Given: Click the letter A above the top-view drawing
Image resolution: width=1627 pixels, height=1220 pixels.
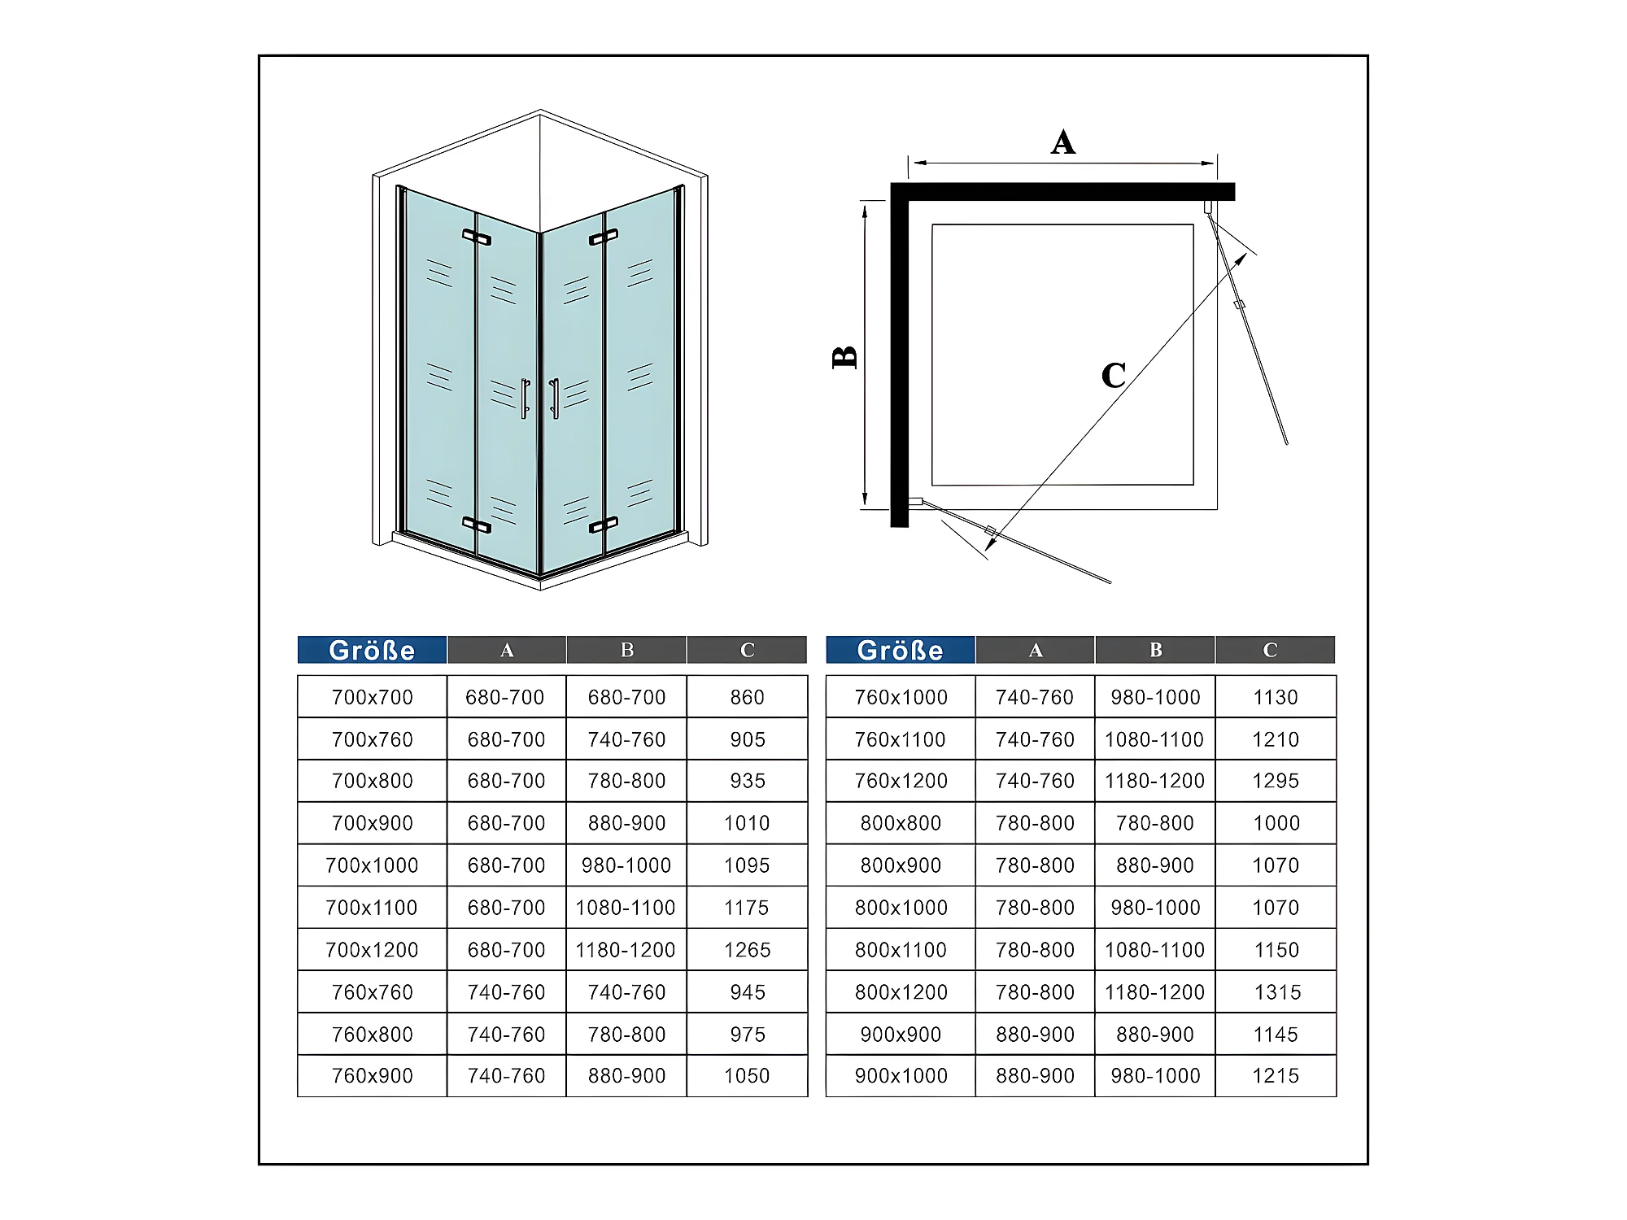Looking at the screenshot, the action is pos(1063,142).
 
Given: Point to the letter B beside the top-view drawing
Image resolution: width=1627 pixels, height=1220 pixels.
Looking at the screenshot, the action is pos(845,357).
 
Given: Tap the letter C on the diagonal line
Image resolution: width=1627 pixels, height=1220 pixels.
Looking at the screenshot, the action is pos(1114,375).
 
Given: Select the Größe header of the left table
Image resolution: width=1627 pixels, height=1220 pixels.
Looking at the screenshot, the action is pos(372,650).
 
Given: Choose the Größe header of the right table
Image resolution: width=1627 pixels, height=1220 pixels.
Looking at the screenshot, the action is pos(900,650).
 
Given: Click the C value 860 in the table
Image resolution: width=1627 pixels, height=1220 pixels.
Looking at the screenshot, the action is pos(747,697).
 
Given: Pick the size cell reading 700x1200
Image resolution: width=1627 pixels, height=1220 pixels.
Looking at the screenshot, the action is pos(372,949).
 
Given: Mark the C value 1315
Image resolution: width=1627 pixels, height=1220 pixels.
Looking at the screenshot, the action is pos(1277,991).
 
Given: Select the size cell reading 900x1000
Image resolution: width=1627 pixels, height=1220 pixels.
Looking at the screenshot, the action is pos(901,1075).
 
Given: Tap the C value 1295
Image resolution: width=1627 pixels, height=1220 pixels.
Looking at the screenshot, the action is pos(1276,781).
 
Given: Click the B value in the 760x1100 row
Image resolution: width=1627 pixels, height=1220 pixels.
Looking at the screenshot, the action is pos(1154,739).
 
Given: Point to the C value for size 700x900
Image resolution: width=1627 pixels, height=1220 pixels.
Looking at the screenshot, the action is pos(747,823).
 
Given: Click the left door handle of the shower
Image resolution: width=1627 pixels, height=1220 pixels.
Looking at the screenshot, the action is pos(526,399).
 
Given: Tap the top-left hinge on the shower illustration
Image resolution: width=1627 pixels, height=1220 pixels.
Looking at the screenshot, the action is pos(477,237).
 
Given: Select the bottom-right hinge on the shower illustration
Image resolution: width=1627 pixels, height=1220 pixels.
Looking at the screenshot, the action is pos(603,525).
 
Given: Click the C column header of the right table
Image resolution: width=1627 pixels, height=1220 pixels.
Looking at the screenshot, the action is pos(1270,650).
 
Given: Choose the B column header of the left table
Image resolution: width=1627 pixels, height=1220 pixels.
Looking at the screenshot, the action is pos(626,650).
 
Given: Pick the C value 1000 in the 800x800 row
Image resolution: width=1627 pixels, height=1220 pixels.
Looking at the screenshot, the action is pos(1276,823).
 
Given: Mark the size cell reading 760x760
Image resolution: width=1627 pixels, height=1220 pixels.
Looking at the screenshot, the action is pos(372,992).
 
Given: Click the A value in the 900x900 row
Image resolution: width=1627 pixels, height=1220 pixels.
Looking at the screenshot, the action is pos(1035,1035).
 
